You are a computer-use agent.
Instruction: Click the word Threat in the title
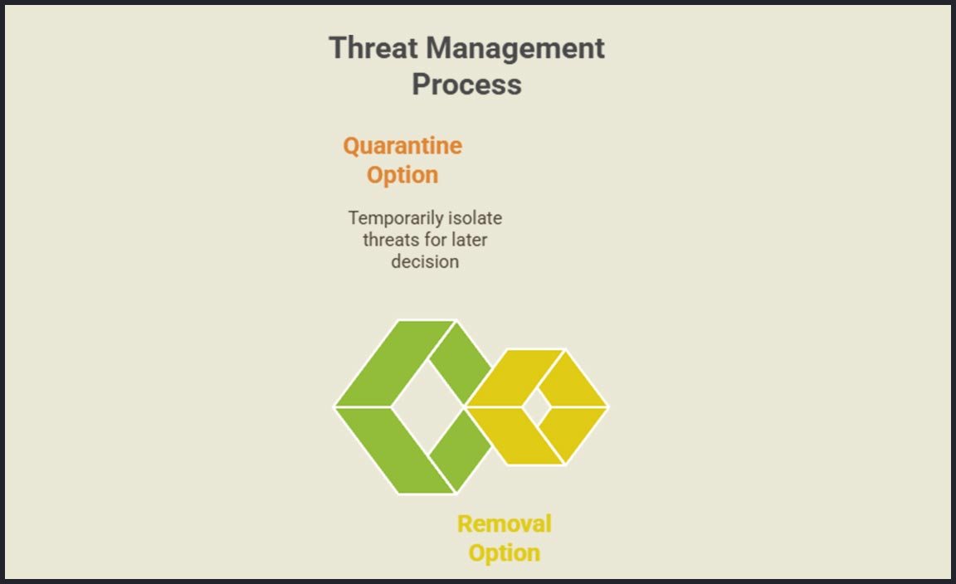(x=373, y=47)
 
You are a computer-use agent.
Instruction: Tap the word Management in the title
(x=515, y=49)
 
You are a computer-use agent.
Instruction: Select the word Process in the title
(x=466, y=84)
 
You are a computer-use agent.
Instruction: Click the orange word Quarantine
(x=402, y=146)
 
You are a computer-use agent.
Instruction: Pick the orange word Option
(x=402, y=176)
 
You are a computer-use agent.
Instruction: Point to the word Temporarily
(x=396, y=218)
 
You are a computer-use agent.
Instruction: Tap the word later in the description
(x=470, y=240)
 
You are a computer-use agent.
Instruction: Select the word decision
(x=425, y=261)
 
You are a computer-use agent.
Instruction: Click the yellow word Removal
(x=505, y=524)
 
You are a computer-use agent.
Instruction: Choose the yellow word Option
(x=505, y=553)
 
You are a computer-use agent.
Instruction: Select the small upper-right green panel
(x=461, y=363)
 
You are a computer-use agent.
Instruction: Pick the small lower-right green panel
(x=461, y=450)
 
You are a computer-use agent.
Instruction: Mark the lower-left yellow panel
(x=516, y=436)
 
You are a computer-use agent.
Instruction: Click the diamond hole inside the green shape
(x=427, y=406)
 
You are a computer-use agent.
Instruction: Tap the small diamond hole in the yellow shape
(x=537, y=407)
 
